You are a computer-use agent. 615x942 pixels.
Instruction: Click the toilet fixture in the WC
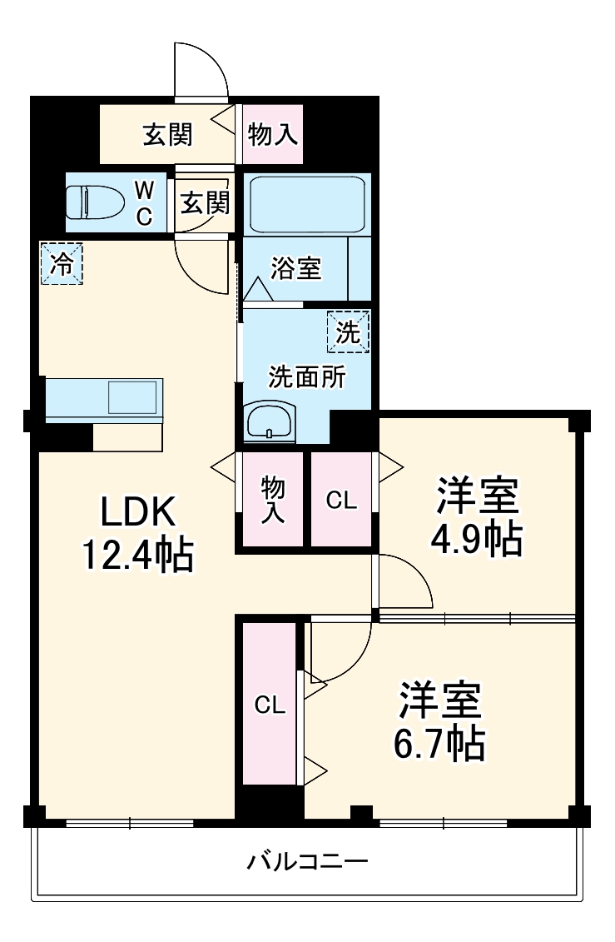click(93, 202)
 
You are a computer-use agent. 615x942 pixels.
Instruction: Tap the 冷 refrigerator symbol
click(62, 263)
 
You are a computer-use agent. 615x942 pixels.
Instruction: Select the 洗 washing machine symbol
click(349, 332)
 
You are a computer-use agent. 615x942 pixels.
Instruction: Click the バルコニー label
click(307, 860)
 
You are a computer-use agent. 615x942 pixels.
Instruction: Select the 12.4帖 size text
click(138, 556)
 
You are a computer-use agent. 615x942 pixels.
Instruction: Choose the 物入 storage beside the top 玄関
click(273, 134)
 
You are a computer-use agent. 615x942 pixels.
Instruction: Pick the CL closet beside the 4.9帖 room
click(341, 500)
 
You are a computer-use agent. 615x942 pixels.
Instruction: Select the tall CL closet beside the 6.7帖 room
click(270, 705)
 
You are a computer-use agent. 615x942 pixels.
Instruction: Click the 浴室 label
click(295, 268)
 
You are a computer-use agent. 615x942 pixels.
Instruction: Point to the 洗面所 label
click(305, 376)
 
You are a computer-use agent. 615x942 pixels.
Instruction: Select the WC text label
click(144, 202)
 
